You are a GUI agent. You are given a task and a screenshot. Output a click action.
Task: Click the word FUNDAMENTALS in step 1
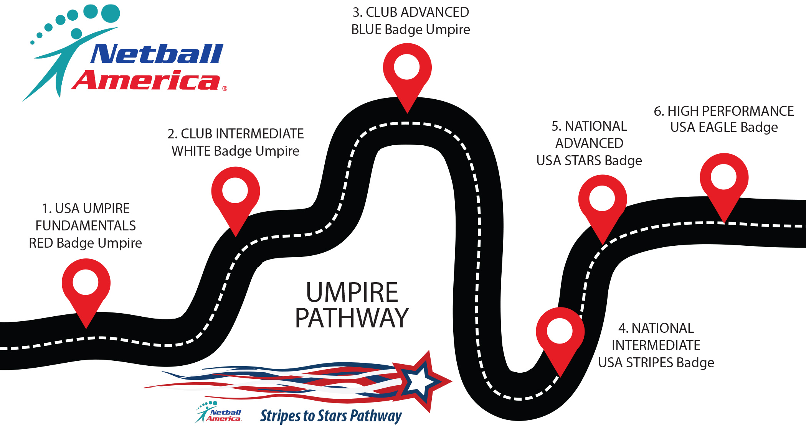click(86, 226)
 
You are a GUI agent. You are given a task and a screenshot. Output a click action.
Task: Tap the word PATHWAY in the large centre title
click(352, 318)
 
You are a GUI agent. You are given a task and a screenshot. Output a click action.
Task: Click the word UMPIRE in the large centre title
click(352, 292)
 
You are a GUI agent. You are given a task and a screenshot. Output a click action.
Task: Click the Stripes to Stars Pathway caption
click(331, 416)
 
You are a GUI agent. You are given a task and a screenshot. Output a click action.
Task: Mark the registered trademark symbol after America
click(225, 89)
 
